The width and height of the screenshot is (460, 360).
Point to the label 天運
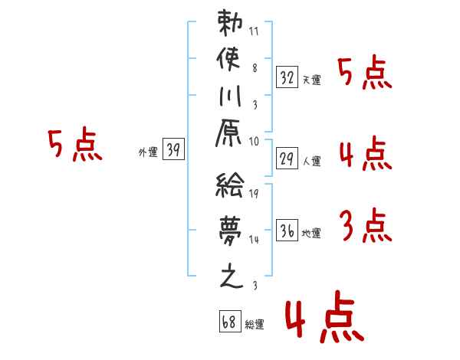click(311, 80)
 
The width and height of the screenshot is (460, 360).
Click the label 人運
click(311, 162)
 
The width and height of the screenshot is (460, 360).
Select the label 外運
click(148, 152)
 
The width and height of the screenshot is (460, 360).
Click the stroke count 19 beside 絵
click(254, 195)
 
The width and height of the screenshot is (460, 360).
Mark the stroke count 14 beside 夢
click(254, 240)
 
